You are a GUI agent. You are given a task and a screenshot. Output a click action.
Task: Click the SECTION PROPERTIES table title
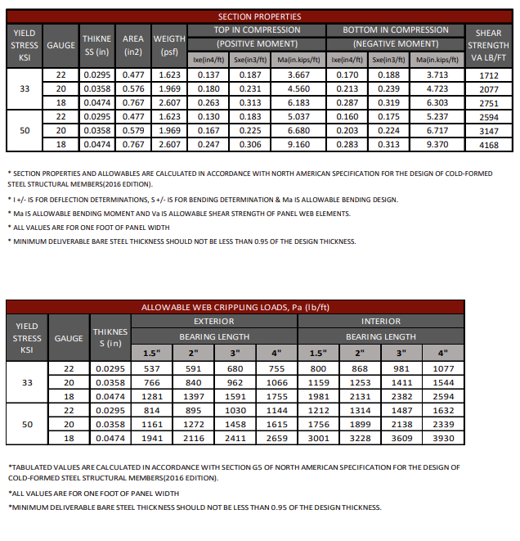coord(259,16)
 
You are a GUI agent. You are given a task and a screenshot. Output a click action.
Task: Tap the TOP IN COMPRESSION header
coord(258,30)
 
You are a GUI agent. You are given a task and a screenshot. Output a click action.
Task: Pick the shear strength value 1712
coord(488,74)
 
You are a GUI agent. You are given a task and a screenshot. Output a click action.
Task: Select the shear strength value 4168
coord(488,144)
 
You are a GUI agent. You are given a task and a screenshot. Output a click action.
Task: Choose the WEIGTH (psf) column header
coord(169,44)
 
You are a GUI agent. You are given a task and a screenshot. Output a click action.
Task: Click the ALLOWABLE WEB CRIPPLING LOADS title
coord(259,308)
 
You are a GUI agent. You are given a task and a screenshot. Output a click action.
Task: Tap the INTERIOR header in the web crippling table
coord(381,322)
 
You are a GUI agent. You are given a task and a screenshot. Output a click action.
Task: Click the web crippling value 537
coord(151,368)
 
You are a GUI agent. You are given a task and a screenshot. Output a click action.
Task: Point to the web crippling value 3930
coord(442,438)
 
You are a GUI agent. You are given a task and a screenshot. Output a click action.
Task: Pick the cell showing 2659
coord(277,438)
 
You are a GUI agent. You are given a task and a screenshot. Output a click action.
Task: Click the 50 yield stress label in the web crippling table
coord(27,424)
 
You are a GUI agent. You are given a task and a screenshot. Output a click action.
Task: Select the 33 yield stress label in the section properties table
coord(25,88)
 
